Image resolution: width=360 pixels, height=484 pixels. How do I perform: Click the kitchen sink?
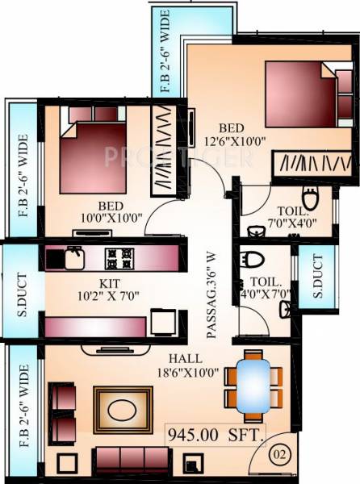point(73,257)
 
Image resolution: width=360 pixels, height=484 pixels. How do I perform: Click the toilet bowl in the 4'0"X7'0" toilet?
point(253,261)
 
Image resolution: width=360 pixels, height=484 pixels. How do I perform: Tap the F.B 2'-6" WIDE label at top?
point(165,52)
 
